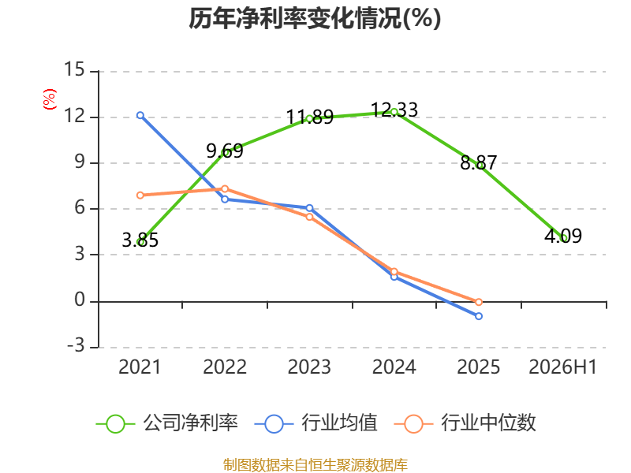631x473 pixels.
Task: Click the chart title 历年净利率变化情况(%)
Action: tap(315, 18)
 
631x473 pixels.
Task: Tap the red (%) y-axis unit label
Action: tap(50, 99)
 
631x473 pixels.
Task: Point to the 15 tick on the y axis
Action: tap(74, 69)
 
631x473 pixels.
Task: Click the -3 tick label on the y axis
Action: tap(76, 345)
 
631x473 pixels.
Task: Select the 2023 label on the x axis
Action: tap(309, 367)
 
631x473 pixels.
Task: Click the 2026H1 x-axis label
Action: tap(562, 367)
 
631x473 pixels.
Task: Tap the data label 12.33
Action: tap(394, 110)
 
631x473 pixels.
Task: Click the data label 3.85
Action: tap(140, 240)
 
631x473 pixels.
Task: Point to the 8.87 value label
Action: tap(479, 163)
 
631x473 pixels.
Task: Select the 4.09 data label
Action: tap(563, 236)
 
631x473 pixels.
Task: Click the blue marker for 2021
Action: tap(140, 115)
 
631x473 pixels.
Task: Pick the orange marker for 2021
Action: tap(140, 195)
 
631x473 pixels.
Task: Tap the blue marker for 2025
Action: tap(479, 316)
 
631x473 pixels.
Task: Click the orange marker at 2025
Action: tap(479, 302)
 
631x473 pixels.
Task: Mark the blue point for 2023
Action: tap(309, 208)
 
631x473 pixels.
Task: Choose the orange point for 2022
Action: tap(225, 189)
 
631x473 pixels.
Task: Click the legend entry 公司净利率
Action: tap(167, 423)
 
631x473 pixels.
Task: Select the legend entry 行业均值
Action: tap(316, 423)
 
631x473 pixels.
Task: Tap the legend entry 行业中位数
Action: tap(465, 423)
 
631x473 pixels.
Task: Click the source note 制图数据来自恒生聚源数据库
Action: tap(315, 464)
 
